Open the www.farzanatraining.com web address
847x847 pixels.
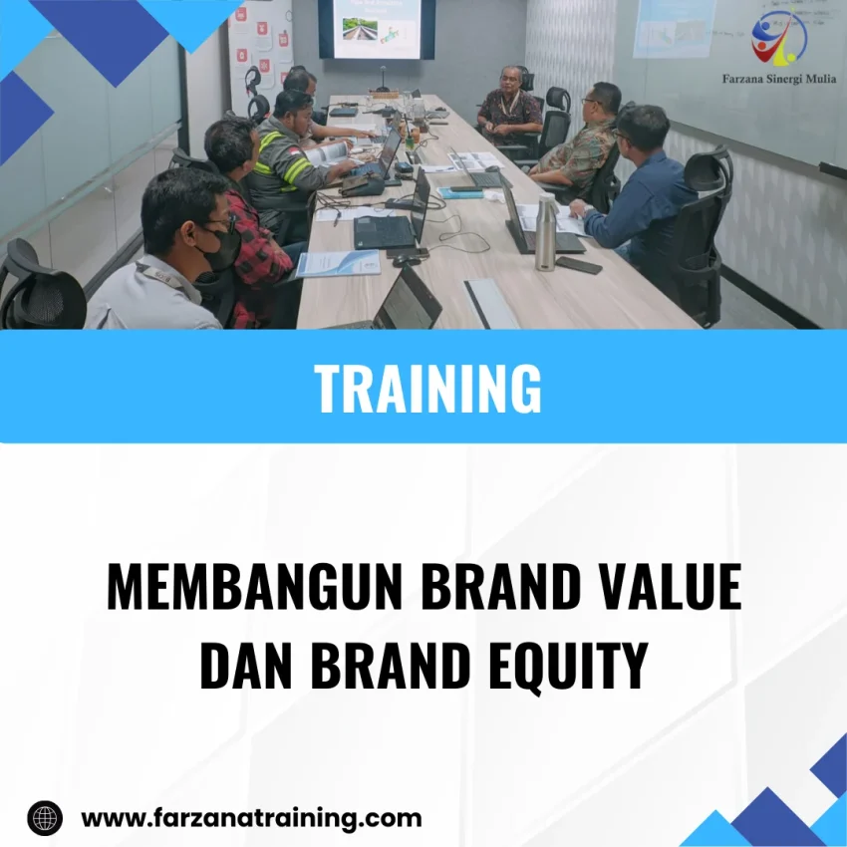click(x=251, y=818)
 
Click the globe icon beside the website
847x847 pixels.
click(x=45, y=818)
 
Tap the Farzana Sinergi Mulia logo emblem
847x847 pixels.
click(x=778, y=38)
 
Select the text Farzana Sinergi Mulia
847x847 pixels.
click(x=778, y=80)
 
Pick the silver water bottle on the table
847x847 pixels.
click(x=545, y=233)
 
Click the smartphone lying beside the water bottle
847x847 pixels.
click(x=579, y=265)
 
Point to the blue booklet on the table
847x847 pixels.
click(x=339, y=263)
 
